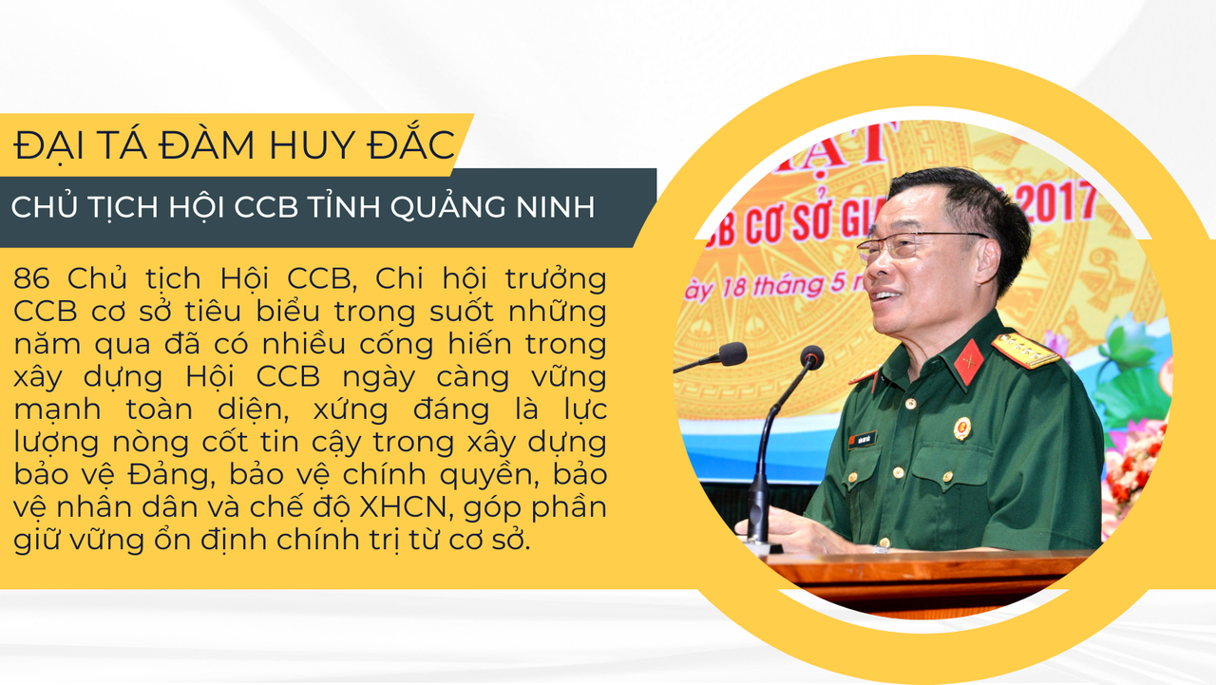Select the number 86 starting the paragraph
pyautogui.click(x=31, y=278)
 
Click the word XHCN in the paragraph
pyautogui.click(x=403, y=507)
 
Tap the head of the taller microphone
pyautogui.click(x=811, y=357)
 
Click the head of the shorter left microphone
pyautogui.click(x=732, y=353)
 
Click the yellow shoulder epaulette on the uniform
pyautogui.click(x=1025, y=350)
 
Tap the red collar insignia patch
pyautogui.click(x=968, y=362)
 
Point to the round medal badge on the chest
pyautogui.click(x=962, y=428)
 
